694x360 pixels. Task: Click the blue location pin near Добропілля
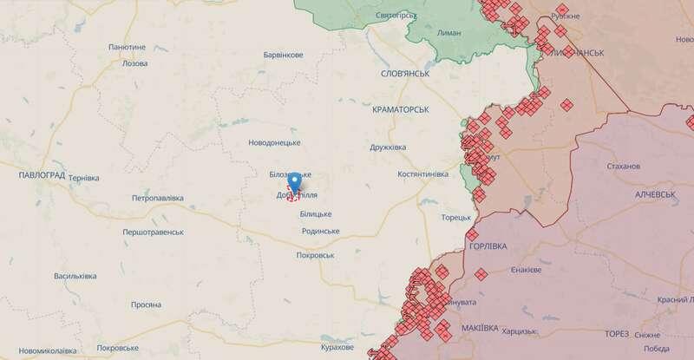click(x=294, y=182)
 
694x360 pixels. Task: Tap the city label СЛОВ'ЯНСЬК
click(x=405, y=75)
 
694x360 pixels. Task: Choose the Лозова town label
click(x=135, y=64)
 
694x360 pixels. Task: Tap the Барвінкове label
click(x=283, y=56)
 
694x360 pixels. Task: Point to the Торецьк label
click(x=455, y=218)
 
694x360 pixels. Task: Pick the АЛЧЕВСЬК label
click(x=655, y=194)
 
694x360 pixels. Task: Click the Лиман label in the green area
click(x=451, y=32)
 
